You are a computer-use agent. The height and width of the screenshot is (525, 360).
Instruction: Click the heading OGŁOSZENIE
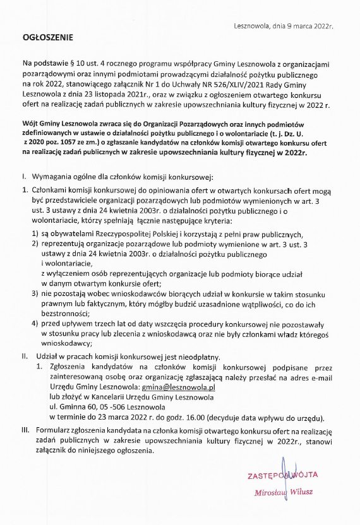[x=47, y=38]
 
